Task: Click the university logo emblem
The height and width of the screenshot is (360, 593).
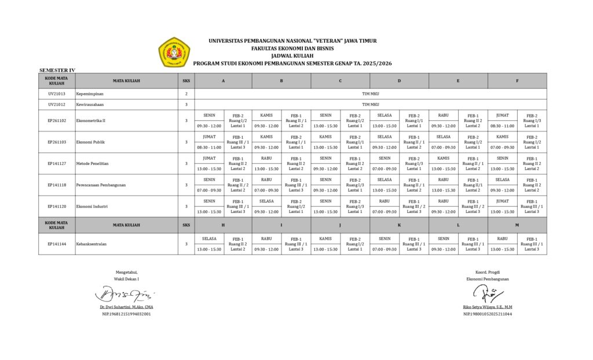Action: pyautogui.click(x=174, y=53)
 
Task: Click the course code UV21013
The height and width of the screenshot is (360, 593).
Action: pyautogui.click(x=57, y=93)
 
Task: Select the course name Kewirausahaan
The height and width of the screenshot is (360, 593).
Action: pyautogui.click(x=90, y=104)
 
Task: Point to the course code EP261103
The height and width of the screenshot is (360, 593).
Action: pyautogui.click(x=57, y=142)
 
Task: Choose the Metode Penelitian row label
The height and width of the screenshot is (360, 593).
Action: pyautogui.click(x=92, y=163)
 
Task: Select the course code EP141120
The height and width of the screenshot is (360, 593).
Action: pyautogui.click(x=57, y=206)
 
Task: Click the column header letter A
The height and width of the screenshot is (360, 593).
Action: pyautogui.click(x=223, y=80)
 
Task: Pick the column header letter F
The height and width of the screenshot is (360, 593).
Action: pyautogui.click(x=517, y=80)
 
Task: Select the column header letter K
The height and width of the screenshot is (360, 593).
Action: pyautogui.click(x=399, y=225)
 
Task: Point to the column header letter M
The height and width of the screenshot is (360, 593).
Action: pyautogui.click(x=517, y=225)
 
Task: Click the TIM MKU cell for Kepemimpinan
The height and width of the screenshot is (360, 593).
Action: pyautogui.click(x=370, y=93)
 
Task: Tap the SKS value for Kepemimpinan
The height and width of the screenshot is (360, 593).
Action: pyautogui.click(x=186, y=93)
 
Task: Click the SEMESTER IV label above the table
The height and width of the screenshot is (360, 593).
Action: pyautogui.click(x=57, y=70)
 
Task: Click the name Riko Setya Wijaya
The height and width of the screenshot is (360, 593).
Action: pyautogui.click(x=488, y=307)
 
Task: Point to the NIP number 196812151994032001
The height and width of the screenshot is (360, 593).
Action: pyautogui.click(x=126, y=314)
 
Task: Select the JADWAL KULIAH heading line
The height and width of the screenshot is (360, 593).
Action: pyautogui.click(x=292, y=56)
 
